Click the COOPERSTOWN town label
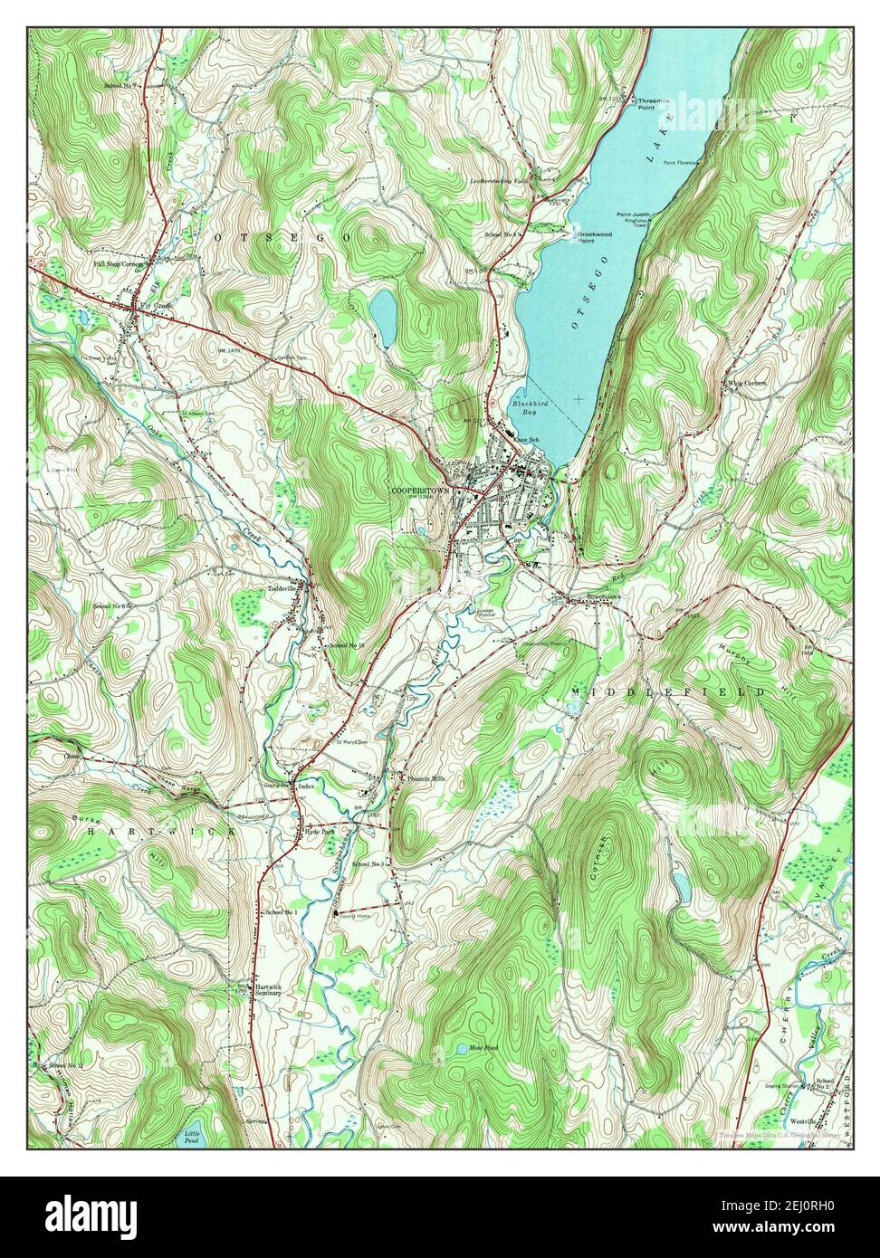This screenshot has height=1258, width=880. coord(420,489)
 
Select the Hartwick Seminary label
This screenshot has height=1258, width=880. coord(274,989)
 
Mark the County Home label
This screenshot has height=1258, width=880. coord(355,916)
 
